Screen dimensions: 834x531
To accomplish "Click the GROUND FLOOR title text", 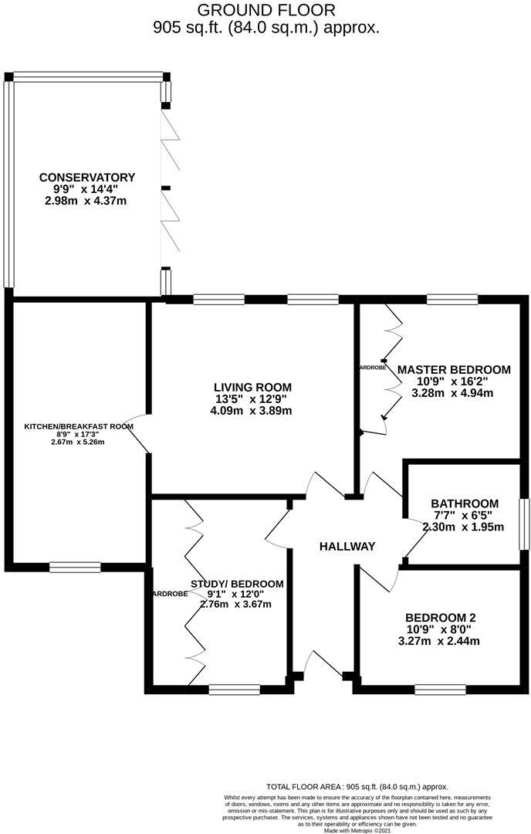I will coord(266,10).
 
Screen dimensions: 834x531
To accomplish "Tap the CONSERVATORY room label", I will coord(87,177).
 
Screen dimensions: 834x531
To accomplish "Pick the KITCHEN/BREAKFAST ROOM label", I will coord(79,426).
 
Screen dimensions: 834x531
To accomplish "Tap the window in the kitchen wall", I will coord(75,568).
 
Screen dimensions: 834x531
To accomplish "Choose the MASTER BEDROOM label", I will coord(454,370).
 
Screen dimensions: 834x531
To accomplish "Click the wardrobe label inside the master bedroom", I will coord(373,368).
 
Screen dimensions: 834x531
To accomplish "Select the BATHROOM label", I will coord(465,503).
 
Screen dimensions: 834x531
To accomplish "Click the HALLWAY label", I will coord(347,546).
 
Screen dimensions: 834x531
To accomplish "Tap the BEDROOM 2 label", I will coord(441,617).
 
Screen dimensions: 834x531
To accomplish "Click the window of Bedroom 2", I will coord(440,688).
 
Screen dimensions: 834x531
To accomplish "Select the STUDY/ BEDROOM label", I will coord(236,584).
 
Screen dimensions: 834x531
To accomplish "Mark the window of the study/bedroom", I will coord(234,689).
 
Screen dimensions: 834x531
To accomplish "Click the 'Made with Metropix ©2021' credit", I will coord(357,830).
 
